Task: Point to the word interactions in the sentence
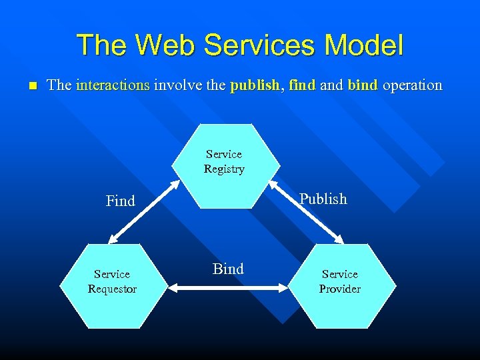113,85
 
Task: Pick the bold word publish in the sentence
254,85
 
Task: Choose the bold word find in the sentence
302,85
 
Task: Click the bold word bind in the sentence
363,85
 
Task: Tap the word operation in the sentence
413,85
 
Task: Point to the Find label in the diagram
121,201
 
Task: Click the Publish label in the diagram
323,199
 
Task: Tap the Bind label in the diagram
228,269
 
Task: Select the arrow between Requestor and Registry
143,211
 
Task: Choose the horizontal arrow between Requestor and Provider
227,288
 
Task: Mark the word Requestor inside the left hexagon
112,289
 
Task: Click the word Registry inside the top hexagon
224,169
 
